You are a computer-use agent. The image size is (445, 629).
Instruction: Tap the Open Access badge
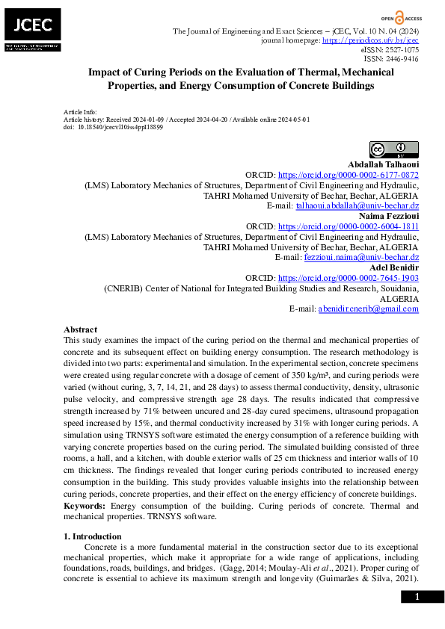click(399, 16)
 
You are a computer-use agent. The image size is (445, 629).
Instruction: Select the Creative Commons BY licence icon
click(394, 149)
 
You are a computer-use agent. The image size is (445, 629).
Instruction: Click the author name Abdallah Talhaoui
click(383, 164)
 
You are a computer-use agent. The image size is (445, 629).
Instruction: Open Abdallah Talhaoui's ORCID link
click(348, 174)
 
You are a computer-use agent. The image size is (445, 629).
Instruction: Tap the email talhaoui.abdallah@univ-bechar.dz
click(357, 205)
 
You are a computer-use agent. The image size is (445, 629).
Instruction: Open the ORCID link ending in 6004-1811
click(348, 226)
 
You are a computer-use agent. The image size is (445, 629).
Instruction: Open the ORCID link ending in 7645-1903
click(348, 277)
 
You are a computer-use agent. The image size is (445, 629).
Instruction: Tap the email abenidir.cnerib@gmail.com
click(368, 308)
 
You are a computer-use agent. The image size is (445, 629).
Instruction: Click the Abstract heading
click(80, 329)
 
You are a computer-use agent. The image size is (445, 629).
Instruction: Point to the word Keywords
click(84, 506)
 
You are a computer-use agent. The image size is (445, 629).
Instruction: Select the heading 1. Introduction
click(92, 536)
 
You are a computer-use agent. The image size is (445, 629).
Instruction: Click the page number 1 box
click(417, 596)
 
